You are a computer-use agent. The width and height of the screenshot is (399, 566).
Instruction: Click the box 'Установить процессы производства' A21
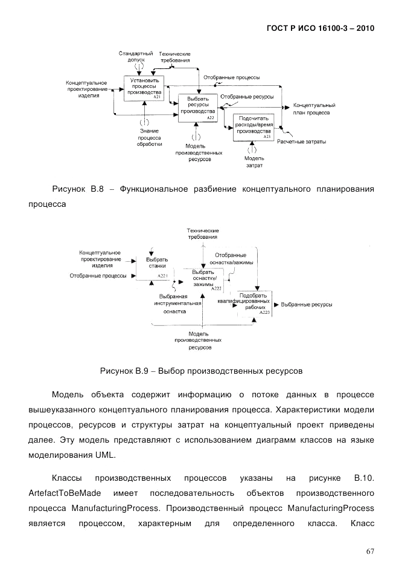144,88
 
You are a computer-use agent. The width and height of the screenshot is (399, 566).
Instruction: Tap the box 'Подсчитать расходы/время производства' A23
254,127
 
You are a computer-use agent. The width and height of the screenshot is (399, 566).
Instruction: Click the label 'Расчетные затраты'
301,142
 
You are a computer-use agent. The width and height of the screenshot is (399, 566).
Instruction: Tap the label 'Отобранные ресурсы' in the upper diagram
247,96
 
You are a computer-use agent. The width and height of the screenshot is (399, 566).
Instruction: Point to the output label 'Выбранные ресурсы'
307,305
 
